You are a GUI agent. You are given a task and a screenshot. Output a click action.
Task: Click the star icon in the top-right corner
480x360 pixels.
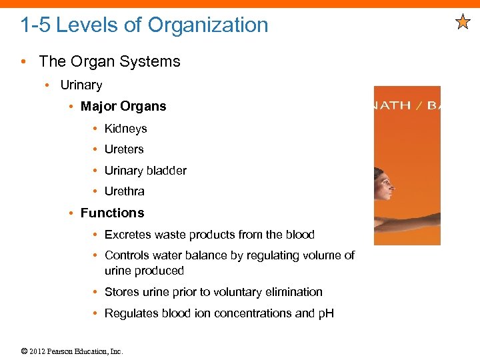click(x=463, y=23)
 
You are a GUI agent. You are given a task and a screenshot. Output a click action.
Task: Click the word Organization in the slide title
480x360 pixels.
click(x=207, y=25)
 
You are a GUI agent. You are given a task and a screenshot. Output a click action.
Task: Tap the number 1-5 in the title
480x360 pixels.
click(x=35, y=25)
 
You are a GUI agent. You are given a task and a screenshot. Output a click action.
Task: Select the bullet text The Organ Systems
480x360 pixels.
click(x=109, y=61)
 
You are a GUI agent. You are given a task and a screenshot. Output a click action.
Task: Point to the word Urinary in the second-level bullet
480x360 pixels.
click(x=81, y=85)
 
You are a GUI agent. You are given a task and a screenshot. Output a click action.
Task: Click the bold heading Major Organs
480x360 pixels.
click(x=123, y=106)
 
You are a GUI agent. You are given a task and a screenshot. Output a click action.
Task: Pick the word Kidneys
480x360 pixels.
click(x=125, y=128)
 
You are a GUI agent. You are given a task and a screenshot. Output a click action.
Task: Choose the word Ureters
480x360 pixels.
click(x=124, y=149)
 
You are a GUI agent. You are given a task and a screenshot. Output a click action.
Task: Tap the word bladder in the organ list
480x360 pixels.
click(x=167, y=171)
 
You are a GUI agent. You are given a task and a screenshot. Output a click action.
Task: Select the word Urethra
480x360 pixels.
click(x=124, y=191)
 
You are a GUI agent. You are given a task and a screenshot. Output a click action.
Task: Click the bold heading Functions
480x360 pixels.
click(x=112, y=213)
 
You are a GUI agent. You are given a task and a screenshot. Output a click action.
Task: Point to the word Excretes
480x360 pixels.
click(x=129, y=235)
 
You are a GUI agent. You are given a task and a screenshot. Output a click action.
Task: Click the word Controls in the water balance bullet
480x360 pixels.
click(x=127, y=255)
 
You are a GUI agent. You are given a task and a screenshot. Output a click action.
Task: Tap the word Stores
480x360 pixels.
click(x=121, y=292)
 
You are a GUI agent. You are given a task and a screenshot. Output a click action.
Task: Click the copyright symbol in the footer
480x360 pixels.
click(x=25, y=351)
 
